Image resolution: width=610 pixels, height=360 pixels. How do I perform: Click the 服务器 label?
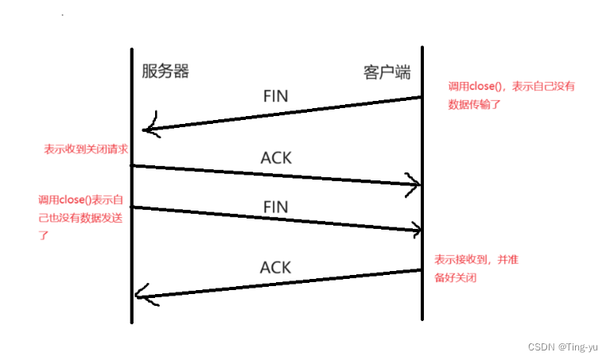[x=165, y=72]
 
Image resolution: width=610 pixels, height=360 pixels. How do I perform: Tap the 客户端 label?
[x=387, y=72]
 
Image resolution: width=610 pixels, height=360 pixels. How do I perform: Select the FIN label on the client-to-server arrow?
[x=275, y=96]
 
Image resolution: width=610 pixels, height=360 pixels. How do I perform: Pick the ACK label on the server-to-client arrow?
[x=276, y=158]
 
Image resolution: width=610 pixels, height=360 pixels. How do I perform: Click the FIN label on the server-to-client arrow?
[x=275, y=206]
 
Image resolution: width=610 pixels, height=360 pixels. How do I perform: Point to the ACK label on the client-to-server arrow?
[x=276, y=267]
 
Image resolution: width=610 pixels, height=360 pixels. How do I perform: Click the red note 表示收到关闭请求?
[x=86, y=149]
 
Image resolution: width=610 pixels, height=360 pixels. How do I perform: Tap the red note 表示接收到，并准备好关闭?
[x=476, y=269]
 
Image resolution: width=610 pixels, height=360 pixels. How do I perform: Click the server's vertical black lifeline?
[x=131, y=238]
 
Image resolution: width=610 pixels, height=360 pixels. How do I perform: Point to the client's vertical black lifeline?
[x=421, y=159]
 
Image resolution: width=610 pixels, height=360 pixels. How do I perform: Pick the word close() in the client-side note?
[x=486, y=87]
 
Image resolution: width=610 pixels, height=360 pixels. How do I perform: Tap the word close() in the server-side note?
[x=76, y=199]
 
